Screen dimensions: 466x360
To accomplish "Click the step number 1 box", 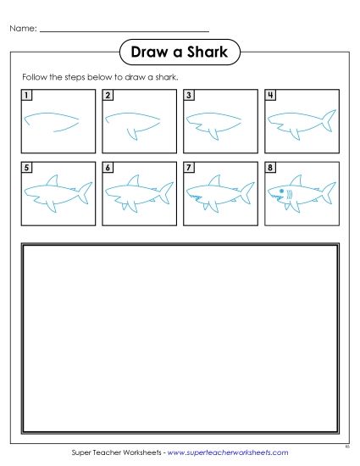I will (x=27, y=95).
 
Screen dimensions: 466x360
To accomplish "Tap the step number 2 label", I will (x=108, y=95).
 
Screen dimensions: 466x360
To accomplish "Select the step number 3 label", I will (x=189, y=95).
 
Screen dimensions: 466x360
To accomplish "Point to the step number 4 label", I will (x=270, y=95).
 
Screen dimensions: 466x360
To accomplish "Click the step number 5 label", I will (x=27, y=168).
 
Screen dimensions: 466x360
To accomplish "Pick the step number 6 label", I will (x=108, y=168).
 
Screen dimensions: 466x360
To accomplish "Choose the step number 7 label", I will (x=189, y=168).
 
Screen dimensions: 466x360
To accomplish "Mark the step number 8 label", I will (x=270, y=168).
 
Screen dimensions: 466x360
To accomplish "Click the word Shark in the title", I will (x=205, y=53).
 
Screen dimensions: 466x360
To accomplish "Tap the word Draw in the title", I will (x=147, y=53).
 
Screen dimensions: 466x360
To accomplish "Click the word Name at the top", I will (x=22, y=29).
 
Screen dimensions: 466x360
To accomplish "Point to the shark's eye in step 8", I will (x=280, y=193).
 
